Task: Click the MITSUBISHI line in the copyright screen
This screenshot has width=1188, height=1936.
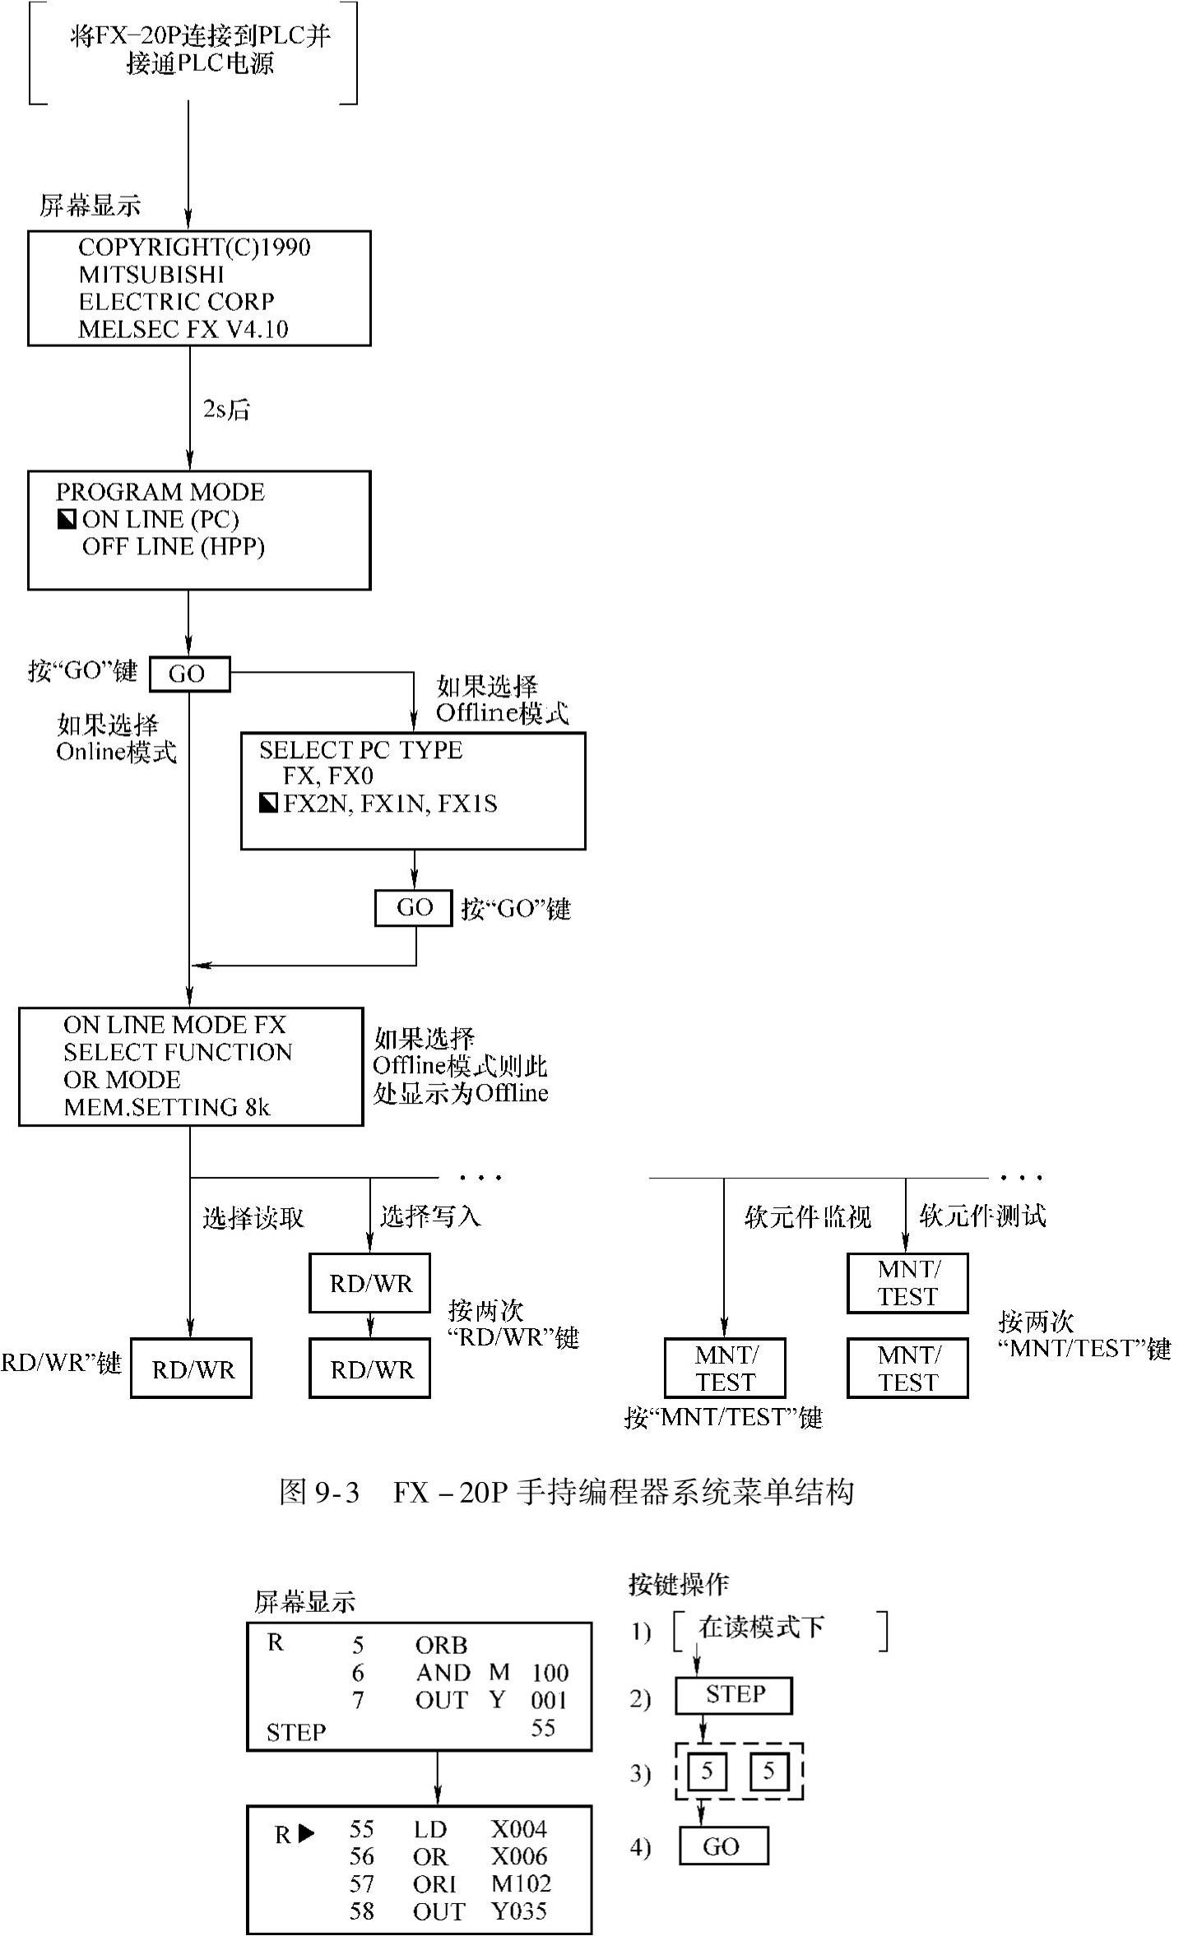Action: point(151,274)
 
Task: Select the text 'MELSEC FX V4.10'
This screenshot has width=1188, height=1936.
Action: point(183,329)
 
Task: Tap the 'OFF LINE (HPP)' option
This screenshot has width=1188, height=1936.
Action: point(174,546)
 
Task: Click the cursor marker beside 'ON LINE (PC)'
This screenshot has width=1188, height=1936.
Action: point(67,519)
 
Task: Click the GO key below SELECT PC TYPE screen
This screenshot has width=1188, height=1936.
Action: point(414,908)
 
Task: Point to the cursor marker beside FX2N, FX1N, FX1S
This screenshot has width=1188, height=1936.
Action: point(268,803)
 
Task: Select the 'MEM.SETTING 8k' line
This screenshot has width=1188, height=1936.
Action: point(167,1107)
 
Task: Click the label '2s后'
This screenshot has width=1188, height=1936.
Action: point(226,409)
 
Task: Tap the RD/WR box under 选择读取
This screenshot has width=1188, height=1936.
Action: point(192,1369)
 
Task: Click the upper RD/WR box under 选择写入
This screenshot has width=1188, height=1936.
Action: point(370,1283)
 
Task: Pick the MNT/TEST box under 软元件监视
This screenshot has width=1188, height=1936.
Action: point(725,1369)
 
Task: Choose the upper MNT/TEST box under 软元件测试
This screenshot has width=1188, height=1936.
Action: point(907,1283)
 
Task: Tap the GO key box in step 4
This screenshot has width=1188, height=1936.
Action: point(723,1846)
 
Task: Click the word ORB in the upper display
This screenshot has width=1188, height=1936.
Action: point(442,1645)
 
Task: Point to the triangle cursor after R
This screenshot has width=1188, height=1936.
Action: point(306,1833)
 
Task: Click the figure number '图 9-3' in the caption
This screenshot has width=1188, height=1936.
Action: point(319,1492)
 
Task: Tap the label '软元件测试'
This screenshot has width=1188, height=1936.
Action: point(982,1216)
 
